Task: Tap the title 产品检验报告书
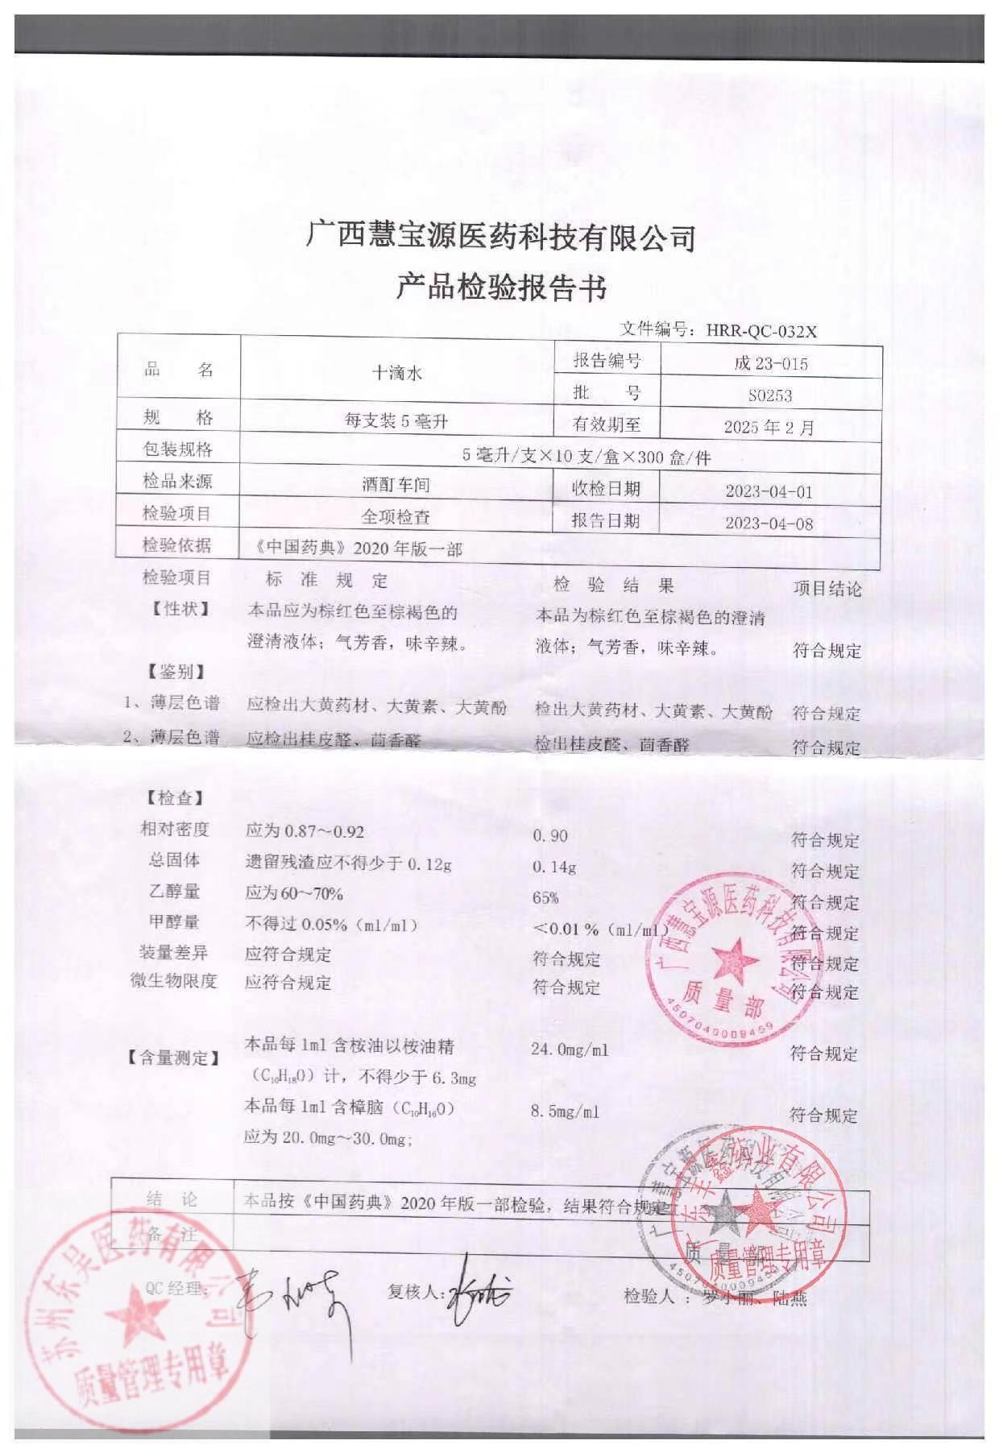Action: coord(500,288)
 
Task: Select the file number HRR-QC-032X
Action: coord(761,330)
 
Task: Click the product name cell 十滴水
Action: coord(396,373)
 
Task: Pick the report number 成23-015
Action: coord(770,363)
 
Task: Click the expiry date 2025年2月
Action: coord(769,426)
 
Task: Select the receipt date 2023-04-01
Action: coord(769,491)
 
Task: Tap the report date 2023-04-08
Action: coord(769,524)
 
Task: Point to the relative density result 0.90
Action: coord(550,836)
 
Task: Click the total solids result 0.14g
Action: coord(555,867)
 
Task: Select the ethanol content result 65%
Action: coord(545,898)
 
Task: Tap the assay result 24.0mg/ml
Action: coord(570,1049)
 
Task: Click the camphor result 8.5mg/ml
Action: coord(565,1112)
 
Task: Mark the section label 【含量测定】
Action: coord(174,1058)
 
